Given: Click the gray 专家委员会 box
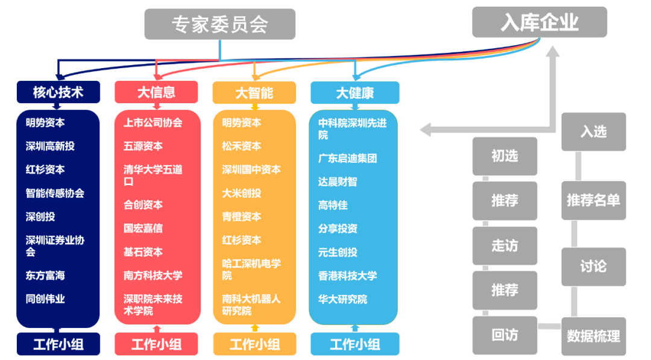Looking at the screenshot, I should tap(219, 24).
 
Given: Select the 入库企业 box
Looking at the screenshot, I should tap(539, 22).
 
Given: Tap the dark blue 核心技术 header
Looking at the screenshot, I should tap(58, 92).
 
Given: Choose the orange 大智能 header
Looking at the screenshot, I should tap(254, 92).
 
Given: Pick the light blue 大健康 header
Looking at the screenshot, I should tap(354, 92).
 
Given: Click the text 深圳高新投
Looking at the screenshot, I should tap(50, 146).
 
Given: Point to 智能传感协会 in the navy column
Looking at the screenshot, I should tap(55, 193).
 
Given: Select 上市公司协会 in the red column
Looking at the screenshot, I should tap(153, 122).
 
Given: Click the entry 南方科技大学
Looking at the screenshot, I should tap(153, 276).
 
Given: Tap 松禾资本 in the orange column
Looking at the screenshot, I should tap(242, 146).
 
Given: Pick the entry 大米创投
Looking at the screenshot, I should tap(242, 193).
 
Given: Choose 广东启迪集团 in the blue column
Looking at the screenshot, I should tap(347, 158).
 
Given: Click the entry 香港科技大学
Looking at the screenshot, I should tap(347, 276).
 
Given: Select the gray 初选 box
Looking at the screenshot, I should tap(505, 156).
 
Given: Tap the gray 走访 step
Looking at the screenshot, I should tap(505, 245).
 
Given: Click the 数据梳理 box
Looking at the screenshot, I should tap(593, 336).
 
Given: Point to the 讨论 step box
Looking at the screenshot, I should tap(593, 267).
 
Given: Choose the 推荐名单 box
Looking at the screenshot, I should tap(593, 200).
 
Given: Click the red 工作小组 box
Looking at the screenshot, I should tap(156, 344).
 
